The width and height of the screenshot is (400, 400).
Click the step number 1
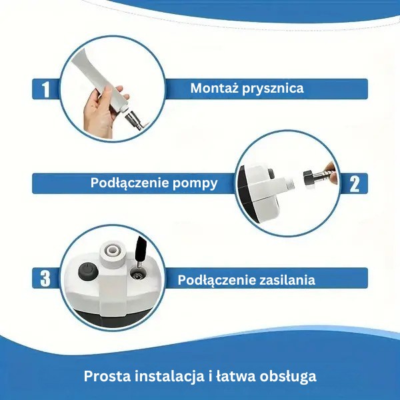pyautogui.click(x=45, y=89)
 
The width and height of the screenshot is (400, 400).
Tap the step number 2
pyautogui.click(x=355, y=184)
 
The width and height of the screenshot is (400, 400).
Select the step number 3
pyautogui.click(x=45, y=279)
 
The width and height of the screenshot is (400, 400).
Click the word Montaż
pyautogui.click(x=214, y=88)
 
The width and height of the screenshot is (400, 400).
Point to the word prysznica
pyautogui.click(x=273, y=89)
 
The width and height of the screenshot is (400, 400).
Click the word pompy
pyautogui.click(x=195, y=184)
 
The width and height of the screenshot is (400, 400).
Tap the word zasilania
pyautogui.click(x=287, y=279)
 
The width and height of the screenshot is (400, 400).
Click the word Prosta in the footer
pyautogui.click(x=107, y=376)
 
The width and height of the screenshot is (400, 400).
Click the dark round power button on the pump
pyautogui.click(x=88, y=272)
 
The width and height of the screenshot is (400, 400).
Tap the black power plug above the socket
pyautogui.click(x=141, y=249)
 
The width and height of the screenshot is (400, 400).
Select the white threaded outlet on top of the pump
pyautogui.click(x=112, y=252)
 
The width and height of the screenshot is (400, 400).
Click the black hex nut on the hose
pyautogui.click(x=309, y=177)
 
